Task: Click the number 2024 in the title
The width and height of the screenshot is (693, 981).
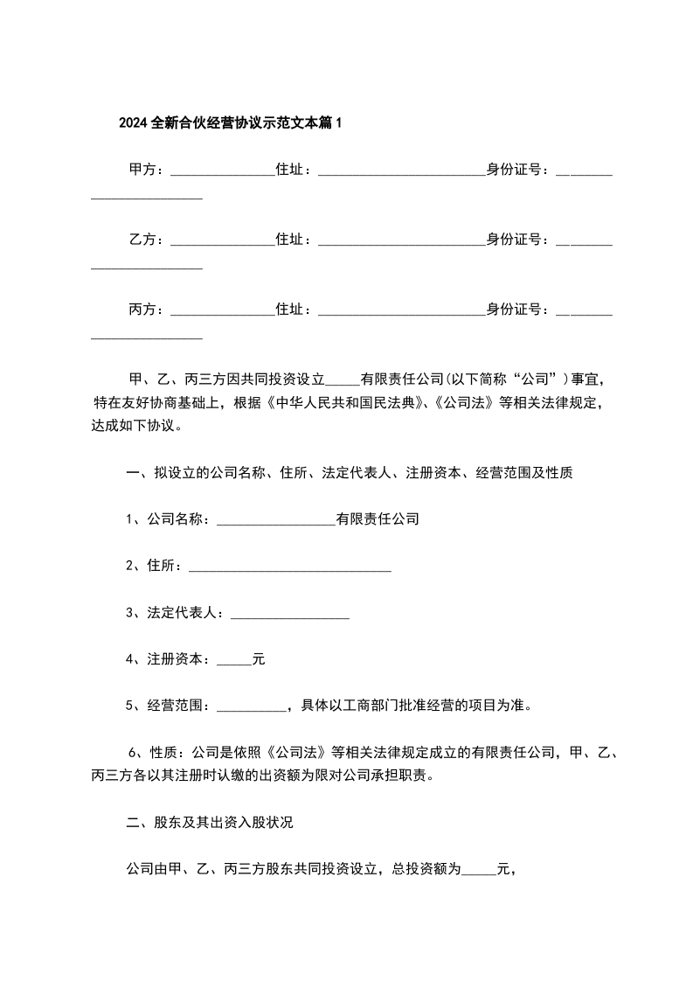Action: click(134, 123)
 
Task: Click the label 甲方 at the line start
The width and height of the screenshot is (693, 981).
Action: click(143, 170)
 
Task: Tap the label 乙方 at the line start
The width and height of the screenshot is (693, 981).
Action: click(143, 240)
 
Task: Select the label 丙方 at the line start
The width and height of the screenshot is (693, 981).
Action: click(143, 310)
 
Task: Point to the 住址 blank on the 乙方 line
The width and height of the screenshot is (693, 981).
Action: click(401, 241)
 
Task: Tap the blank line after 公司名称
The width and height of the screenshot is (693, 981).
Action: click(275, 521)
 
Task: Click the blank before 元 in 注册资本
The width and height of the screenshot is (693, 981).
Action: click(233, 663)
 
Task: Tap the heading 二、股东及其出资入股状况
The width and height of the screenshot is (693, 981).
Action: click(215, 823)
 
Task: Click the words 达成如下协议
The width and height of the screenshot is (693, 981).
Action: click(134, 428)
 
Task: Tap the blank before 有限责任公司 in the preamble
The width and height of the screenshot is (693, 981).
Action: click(342, 382)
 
